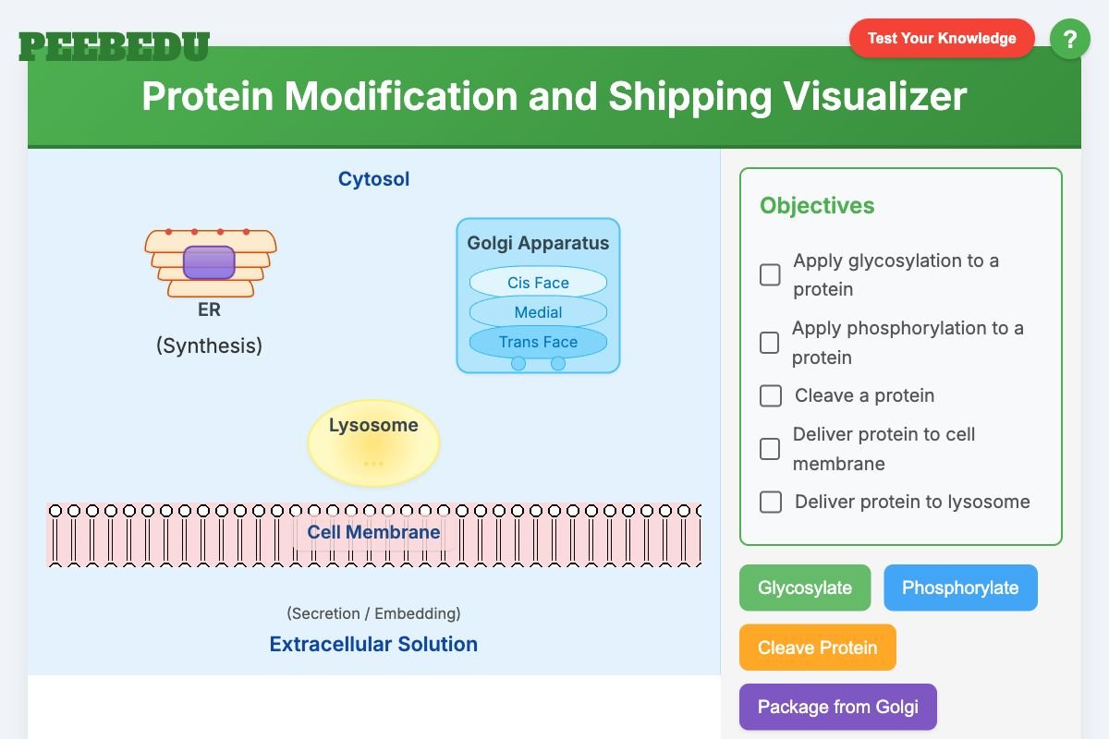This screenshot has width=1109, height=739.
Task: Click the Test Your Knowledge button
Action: [x=941, y=39]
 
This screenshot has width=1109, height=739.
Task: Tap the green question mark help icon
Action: [x=1069, y=40]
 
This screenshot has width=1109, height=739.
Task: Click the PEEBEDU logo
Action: [x=114, y=46]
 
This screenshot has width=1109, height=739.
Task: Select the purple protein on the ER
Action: [x=209, y=262]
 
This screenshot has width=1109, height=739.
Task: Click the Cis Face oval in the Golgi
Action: [x=538, y=283]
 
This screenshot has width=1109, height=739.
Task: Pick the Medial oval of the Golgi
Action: [x=538, y=312]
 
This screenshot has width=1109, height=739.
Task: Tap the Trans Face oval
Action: [x=538, y=342]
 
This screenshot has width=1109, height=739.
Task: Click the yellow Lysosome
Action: [x=373, y=443]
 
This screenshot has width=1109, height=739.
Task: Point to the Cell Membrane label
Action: [x=373, y=532]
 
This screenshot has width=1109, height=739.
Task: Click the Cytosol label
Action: [x=373, y=179]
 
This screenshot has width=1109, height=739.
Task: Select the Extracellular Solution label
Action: [x=373, y=644]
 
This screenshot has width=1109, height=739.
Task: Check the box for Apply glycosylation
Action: [x=770, y=274]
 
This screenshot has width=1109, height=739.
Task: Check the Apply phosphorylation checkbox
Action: [x=769, y=343]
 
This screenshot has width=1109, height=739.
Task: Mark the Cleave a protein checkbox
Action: [x=770, y=395]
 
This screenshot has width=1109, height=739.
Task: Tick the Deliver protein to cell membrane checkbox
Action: [x=770, y=449]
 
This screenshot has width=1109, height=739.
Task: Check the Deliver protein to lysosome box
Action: [x=770, y=502]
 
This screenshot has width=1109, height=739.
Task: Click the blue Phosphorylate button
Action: [x=960, y=588]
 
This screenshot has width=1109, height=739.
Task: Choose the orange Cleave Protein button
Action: [x=817, y=648]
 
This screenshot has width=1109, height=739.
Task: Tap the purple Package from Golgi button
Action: [x=837, y=707]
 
